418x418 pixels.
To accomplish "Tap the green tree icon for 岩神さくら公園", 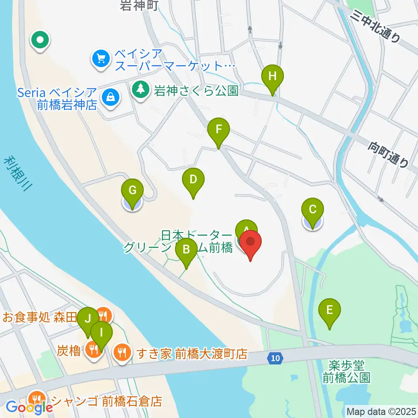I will (x=140, y=90).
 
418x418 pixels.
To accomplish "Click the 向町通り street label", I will (x=390, y=155).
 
